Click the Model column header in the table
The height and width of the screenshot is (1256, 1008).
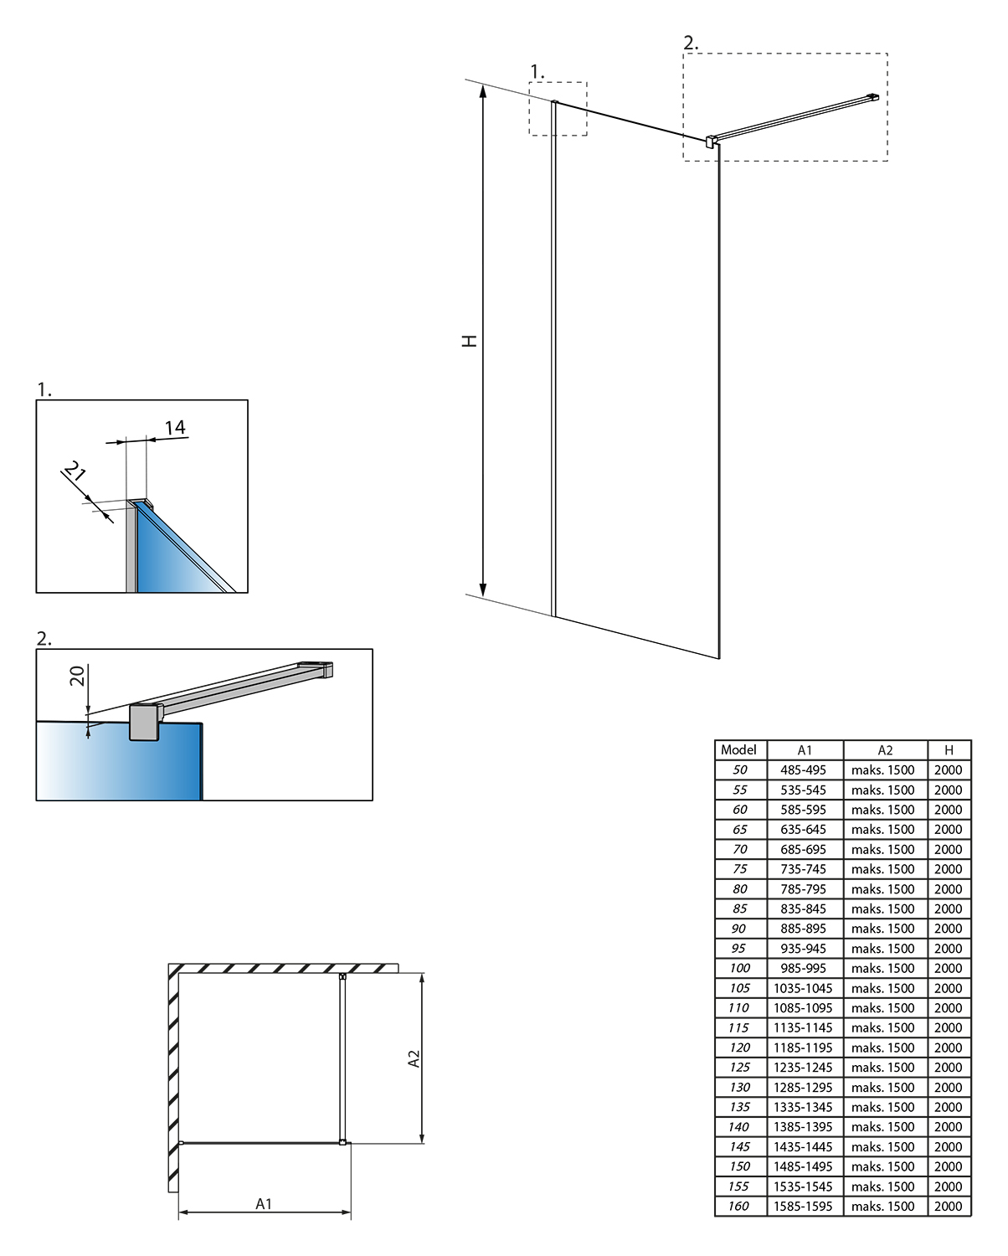738,750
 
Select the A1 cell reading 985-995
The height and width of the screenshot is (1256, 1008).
803,969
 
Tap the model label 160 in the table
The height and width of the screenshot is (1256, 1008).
738,1207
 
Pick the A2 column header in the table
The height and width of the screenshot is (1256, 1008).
885,750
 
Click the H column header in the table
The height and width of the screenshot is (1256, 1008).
949,750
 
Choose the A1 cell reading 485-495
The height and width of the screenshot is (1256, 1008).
803,770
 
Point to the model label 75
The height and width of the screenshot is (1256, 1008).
739,869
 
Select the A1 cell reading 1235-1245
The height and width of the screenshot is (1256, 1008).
803,1068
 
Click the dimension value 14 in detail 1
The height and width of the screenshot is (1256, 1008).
174,428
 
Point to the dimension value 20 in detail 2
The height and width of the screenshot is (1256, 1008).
77,676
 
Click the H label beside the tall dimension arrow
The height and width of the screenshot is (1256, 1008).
471,341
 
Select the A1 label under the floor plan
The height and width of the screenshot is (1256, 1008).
264,1204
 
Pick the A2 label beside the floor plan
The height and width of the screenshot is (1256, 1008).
414,1059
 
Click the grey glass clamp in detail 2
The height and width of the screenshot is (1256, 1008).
145,722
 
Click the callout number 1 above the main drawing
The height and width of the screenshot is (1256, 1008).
537,73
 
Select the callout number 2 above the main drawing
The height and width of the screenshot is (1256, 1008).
691,43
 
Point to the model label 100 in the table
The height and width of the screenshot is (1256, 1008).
739,969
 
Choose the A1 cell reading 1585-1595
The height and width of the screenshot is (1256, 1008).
803,1207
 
